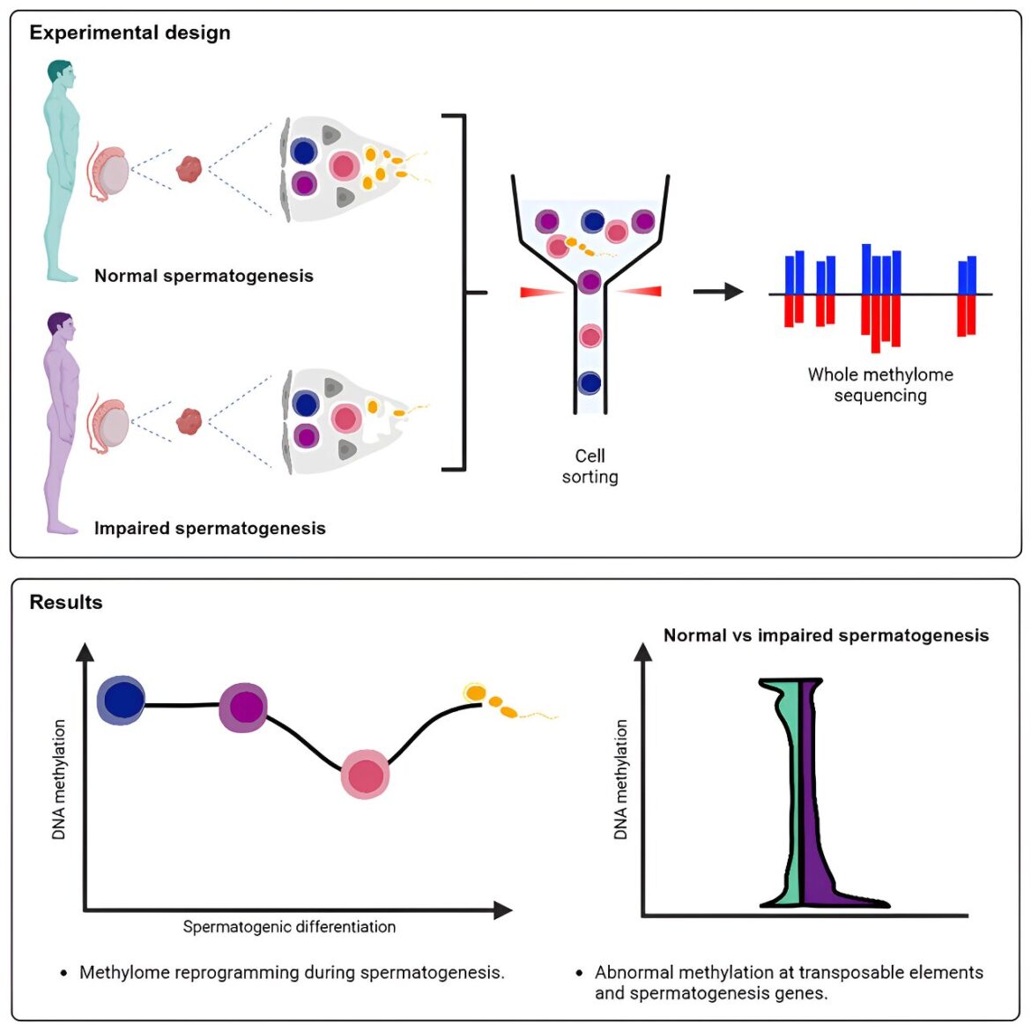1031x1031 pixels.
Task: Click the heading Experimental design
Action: pyautogui.click(x=130, y=33)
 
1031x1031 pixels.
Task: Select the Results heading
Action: pyautogui.click(x=66, y=602)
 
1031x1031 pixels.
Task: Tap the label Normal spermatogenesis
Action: pyautogui.click(x=204, y=276)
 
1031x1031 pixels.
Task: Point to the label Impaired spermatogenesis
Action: pyautogui.click(x=210, y=528)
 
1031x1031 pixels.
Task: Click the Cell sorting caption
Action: pyautogui.click(x=590, y=466)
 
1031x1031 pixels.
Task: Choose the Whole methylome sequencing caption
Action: pyautogui.click(x=880, y=384)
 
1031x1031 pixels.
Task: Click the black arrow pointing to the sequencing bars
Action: pyautogui.click(x=718, y=291)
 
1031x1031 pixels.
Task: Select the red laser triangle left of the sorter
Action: pyautogui.click(x=539, y=292)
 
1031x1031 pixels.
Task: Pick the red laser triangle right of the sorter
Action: pyautogui.click(x=640, y=291)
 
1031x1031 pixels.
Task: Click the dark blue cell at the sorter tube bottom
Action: pyautogui.click(x=590, y=383)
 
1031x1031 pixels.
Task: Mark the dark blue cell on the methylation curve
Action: pyautogui.click(x=122, y=701)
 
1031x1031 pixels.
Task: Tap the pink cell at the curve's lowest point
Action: pyautogui.click(x=365, y=775)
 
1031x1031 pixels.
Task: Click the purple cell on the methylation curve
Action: pyautogui.click(x=243, y=707)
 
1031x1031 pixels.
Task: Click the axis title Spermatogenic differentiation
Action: pyautogui.click(x=289, y=926)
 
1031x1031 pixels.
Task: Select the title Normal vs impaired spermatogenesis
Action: pyautogui.click(x=826, y=635)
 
